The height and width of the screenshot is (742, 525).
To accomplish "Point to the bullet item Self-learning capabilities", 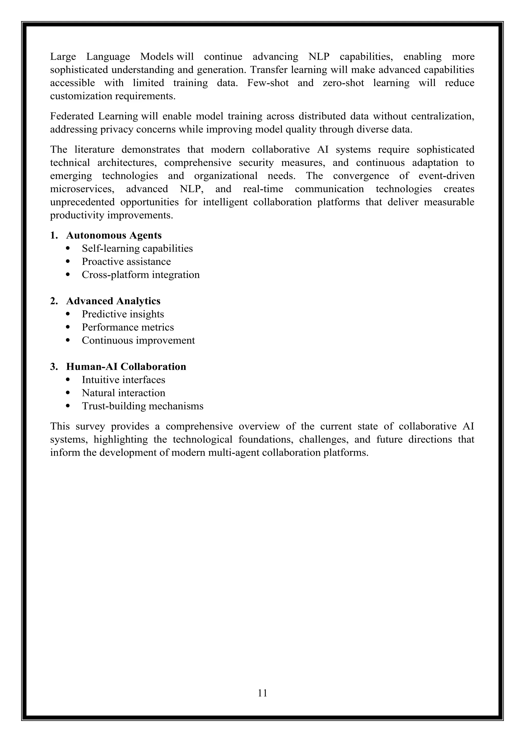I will pos(137,249).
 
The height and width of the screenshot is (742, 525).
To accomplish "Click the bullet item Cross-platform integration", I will pos(141,275).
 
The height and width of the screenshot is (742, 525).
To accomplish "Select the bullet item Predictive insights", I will pos(123,314).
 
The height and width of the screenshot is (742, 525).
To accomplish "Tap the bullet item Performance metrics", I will pos(128,327).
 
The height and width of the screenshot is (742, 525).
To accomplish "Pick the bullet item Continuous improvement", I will pos(138,340).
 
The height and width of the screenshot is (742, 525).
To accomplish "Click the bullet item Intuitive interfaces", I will pos(124,380).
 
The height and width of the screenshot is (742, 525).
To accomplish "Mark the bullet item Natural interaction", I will pos(124,393).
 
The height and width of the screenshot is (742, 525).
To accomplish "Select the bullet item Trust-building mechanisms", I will pos(143,406).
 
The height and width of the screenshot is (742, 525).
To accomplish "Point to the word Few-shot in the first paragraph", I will pos(268,83).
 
